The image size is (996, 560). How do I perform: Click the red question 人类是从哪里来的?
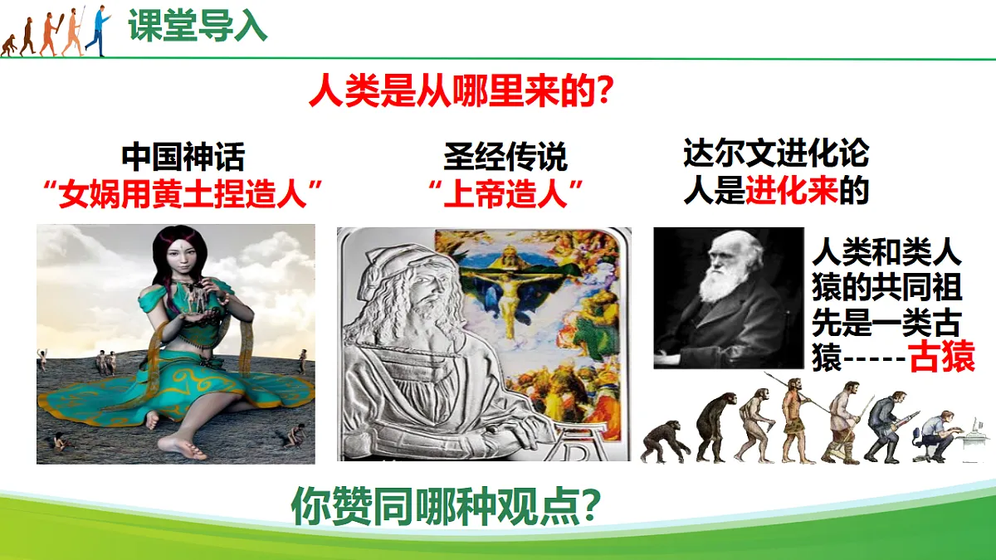coord(461,90)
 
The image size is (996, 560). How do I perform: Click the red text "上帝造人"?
coord(505,195)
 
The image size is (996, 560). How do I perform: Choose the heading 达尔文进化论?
coord(775,153)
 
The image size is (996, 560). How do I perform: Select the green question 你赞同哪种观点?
coord(446,506)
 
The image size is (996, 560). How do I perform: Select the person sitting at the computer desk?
coord(936,436)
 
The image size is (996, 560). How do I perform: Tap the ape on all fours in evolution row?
coord(665,441)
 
